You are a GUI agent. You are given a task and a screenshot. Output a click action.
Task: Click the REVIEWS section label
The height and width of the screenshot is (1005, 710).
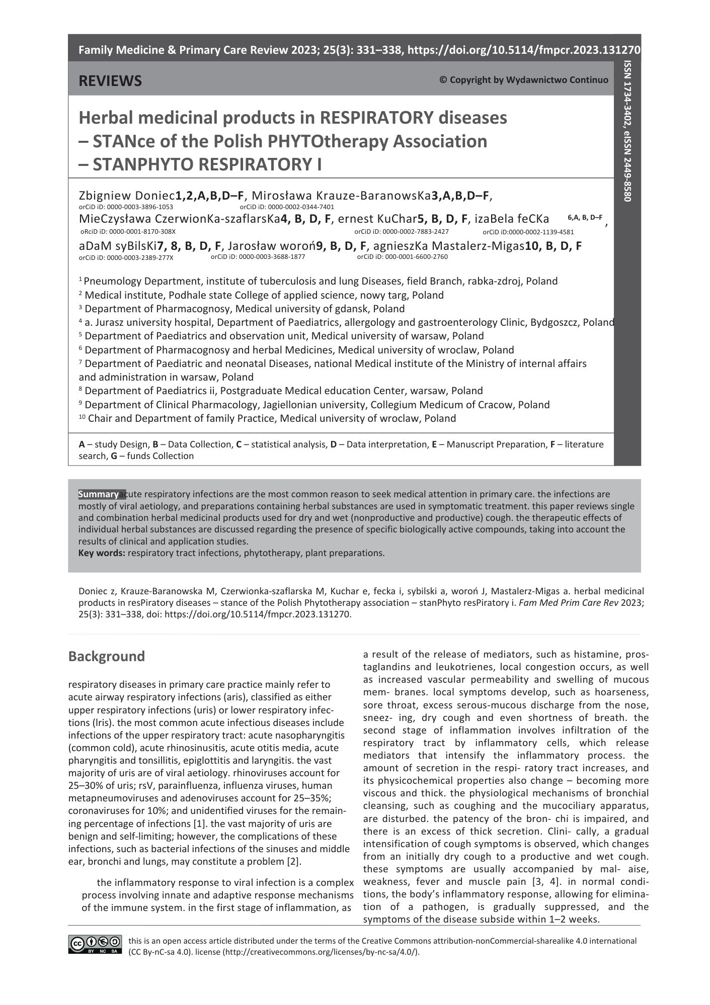click(110, 80)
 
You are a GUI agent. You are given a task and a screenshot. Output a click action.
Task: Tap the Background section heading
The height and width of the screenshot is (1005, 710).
click(106, 656)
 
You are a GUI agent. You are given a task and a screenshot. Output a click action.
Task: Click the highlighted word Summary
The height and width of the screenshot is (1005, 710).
click(99, 494)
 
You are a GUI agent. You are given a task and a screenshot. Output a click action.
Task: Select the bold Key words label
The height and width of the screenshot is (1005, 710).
click(102, 553)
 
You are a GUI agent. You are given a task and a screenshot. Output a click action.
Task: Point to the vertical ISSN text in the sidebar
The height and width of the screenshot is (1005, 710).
click(627, 131)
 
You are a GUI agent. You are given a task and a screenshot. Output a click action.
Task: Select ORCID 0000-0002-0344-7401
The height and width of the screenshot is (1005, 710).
click(287, 207)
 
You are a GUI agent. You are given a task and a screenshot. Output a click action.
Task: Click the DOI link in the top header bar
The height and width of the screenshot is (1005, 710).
click(523, 50)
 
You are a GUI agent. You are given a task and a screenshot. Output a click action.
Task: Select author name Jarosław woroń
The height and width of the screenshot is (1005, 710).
click(271, 246)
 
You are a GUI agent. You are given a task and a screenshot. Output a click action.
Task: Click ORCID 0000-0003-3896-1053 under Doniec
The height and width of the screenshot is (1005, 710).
click(126, 207)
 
